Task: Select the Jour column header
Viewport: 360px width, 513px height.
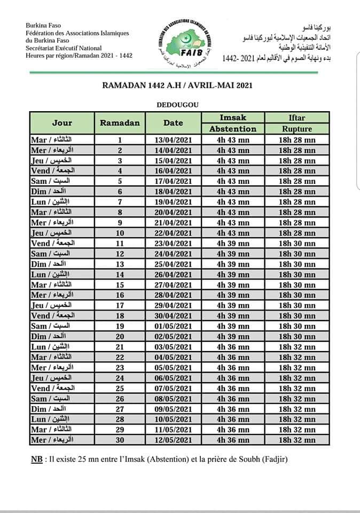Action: (x=62, y=122)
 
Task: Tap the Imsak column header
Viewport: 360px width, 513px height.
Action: (x=233, y=117)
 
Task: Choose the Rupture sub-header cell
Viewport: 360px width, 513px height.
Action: (x=297, y=129)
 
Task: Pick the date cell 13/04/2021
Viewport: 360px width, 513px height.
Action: (x=173, y=139)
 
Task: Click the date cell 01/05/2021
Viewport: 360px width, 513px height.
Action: (x=173, y=326)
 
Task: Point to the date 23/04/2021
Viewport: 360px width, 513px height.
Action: (x=173, y=243)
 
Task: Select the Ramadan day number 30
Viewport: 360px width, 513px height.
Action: (x=120, y=440)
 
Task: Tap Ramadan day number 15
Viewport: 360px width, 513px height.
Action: (x=120, y=284)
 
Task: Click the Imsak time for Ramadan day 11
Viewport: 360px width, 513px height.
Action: (x=233, y=243)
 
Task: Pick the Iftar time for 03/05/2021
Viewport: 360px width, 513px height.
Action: (x=297, y=347)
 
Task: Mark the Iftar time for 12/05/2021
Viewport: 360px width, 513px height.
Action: (x=297, y=440)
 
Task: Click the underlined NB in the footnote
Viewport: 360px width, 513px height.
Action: (x=35, y=460)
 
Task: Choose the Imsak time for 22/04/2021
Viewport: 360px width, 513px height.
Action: (x=233, y=233)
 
